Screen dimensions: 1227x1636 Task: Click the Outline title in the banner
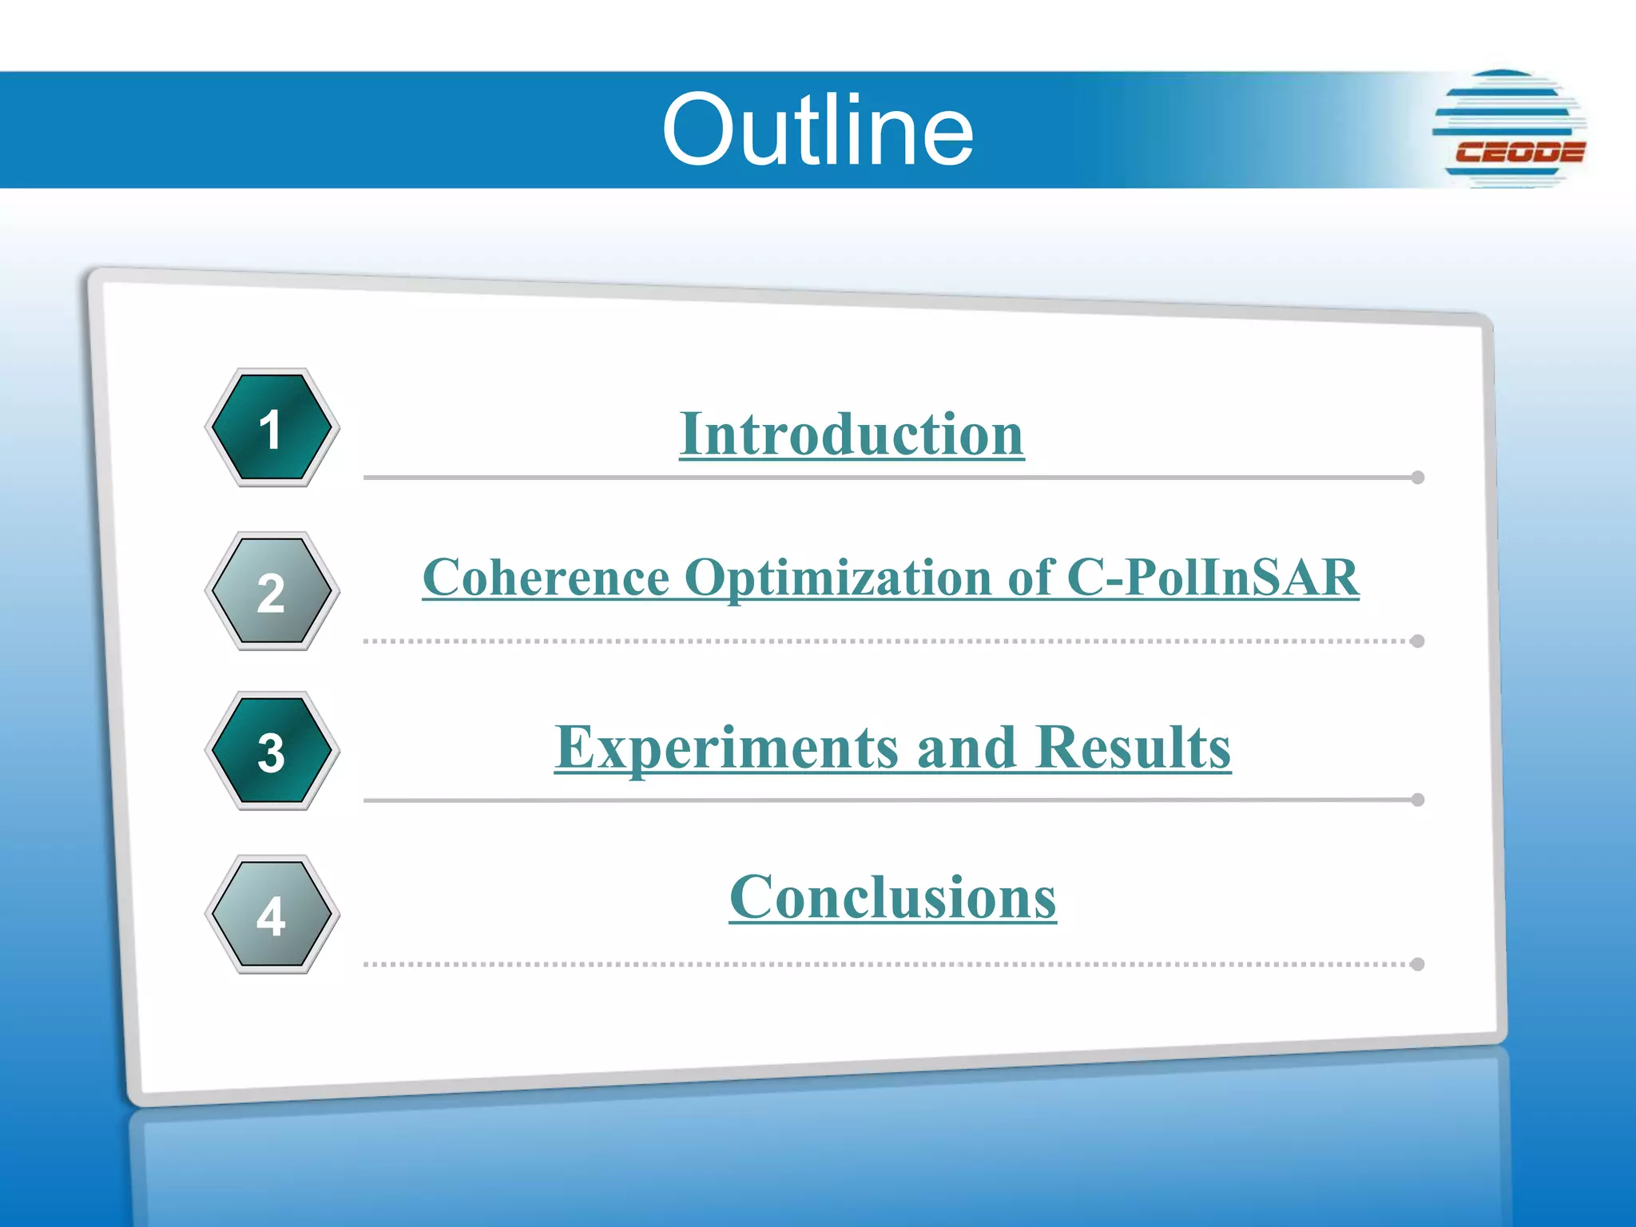point(817,130)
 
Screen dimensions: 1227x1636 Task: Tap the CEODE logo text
point(1519,152)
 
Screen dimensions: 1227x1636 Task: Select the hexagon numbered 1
point(272,429)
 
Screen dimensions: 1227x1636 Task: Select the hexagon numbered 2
point(272,592)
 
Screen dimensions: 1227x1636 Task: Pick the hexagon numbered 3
point(272,752)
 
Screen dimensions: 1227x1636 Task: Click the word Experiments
point(728,748)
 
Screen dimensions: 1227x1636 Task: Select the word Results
point(1134,748)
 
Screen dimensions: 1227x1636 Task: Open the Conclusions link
point(892,897)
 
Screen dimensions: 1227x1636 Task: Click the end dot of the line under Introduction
point(1418,478)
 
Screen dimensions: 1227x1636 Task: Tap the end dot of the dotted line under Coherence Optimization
point(1418,641)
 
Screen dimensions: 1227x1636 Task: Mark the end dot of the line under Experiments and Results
point(1418,800)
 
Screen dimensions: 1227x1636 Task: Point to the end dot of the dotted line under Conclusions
point(1418,964)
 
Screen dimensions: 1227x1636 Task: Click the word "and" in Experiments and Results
point(967,748)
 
